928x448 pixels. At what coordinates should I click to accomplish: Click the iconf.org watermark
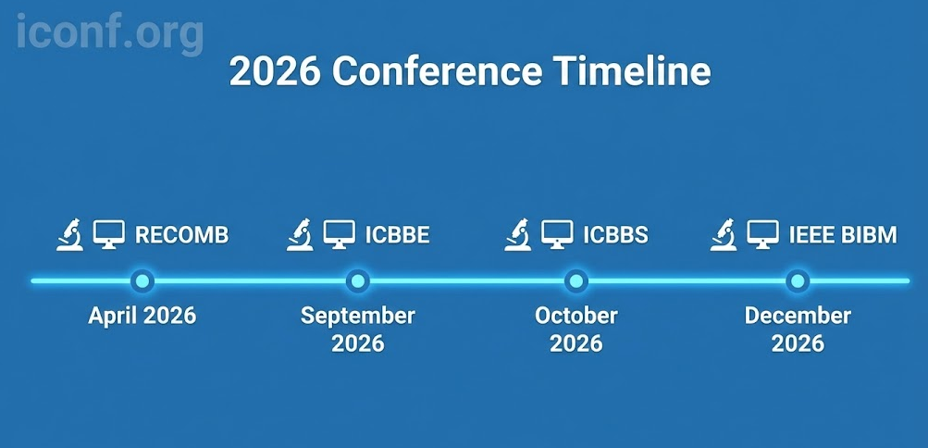point(110,32)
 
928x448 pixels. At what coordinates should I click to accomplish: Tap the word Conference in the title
point(437,72)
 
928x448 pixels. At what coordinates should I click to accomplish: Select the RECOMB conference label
point(181,235)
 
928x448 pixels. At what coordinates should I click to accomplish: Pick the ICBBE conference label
point(397,235)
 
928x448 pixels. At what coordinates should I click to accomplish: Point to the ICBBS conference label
point(615,235)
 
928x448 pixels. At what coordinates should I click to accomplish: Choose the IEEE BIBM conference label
point(843,235)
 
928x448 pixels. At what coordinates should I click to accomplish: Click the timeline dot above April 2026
point(142,280)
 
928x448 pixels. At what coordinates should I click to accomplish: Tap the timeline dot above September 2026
point(358,280)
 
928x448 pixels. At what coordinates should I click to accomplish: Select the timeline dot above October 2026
point(575,280)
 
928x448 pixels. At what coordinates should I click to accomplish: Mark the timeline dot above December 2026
point(798,280)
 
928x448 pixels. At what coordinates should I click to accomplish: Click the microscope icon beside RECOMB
point(69,234)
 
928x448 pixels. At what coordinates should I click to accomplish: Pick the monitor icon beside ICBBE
point(340,234)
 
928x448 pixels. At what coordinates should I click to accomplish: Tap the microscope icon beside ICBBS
point(518,234)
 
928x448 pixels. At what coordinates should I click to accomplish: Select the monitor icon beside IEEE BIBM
point(763,234)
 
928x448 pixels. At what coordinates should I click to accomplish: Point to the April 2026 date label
point(142,316)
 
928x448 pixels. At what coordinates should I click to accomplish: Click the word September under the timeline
point(358,316)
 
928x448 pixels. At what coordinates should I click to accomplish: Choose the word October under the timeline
point(575,316)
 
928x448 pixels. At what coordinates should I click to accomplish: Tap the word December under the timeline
point(798,316)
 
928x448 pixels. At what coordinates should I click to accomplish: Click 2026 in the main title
point(275,72)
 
